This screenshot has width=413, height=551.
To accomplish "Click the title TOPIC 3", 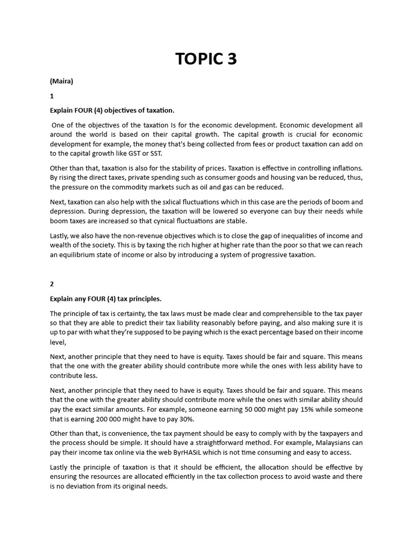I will point(206,59).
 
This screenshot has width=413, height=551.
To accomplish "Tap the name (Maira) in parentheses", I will point(61,82).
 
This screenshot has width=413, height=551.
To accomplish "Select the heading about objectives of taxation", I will point(112,110).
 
